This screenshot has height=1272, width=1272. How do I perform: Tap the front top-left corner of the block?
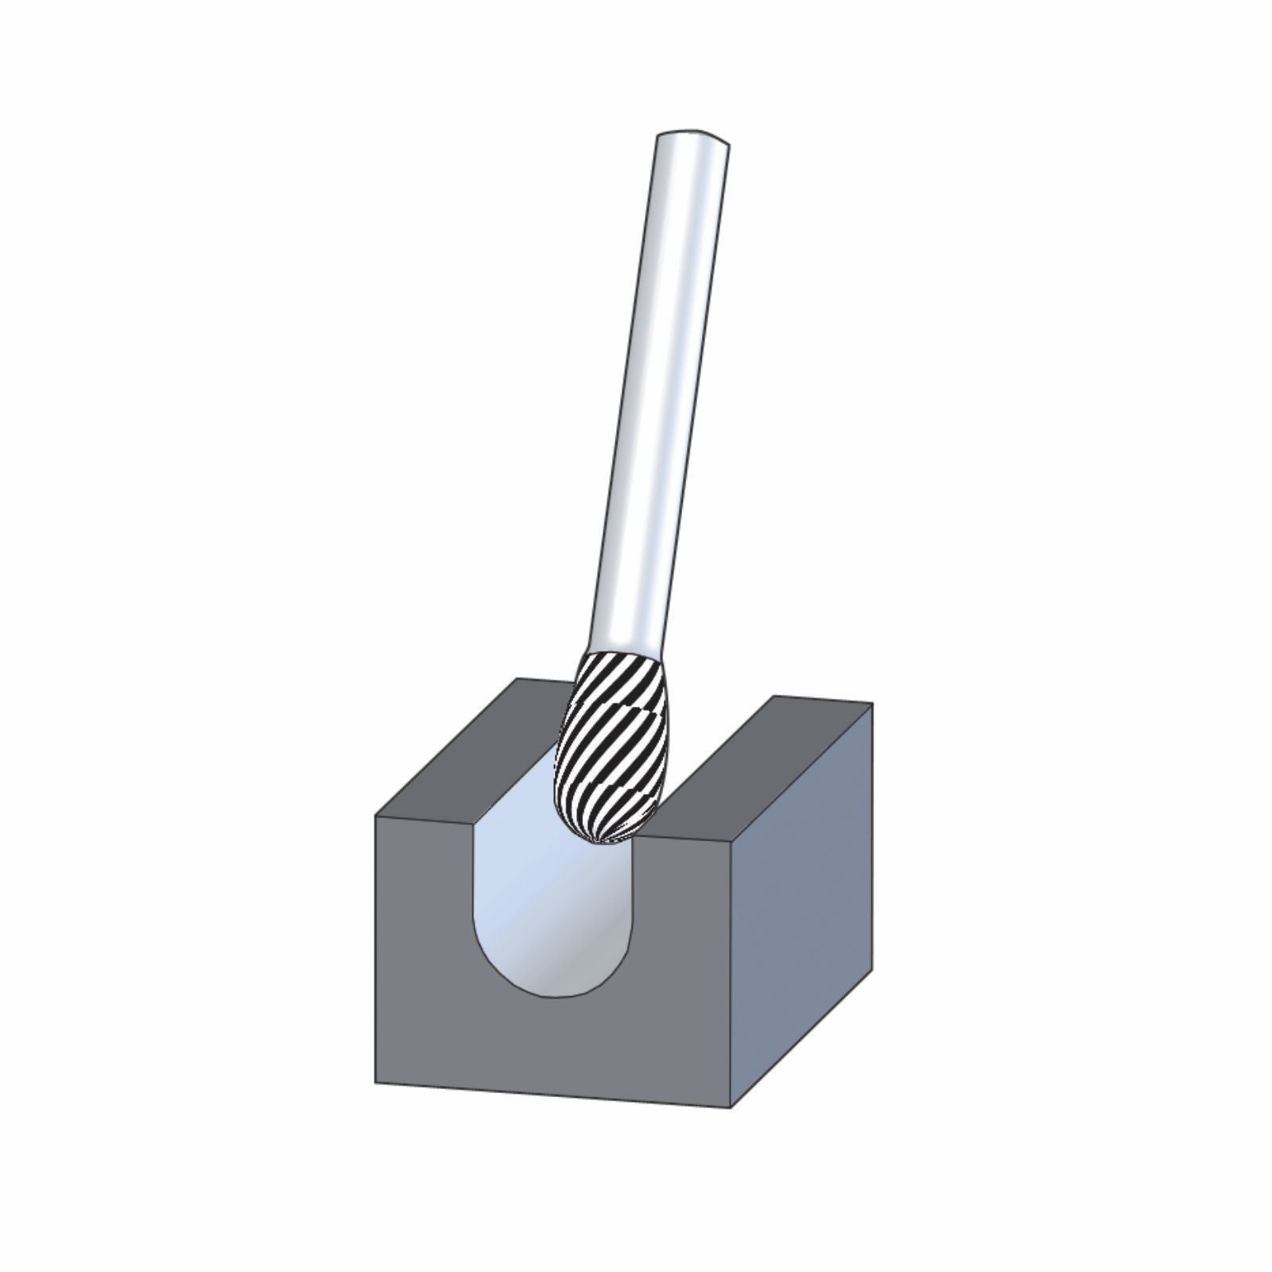pos(375,816)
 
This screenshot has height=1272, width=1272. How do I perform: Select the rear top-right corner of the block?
pos(872,704)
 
